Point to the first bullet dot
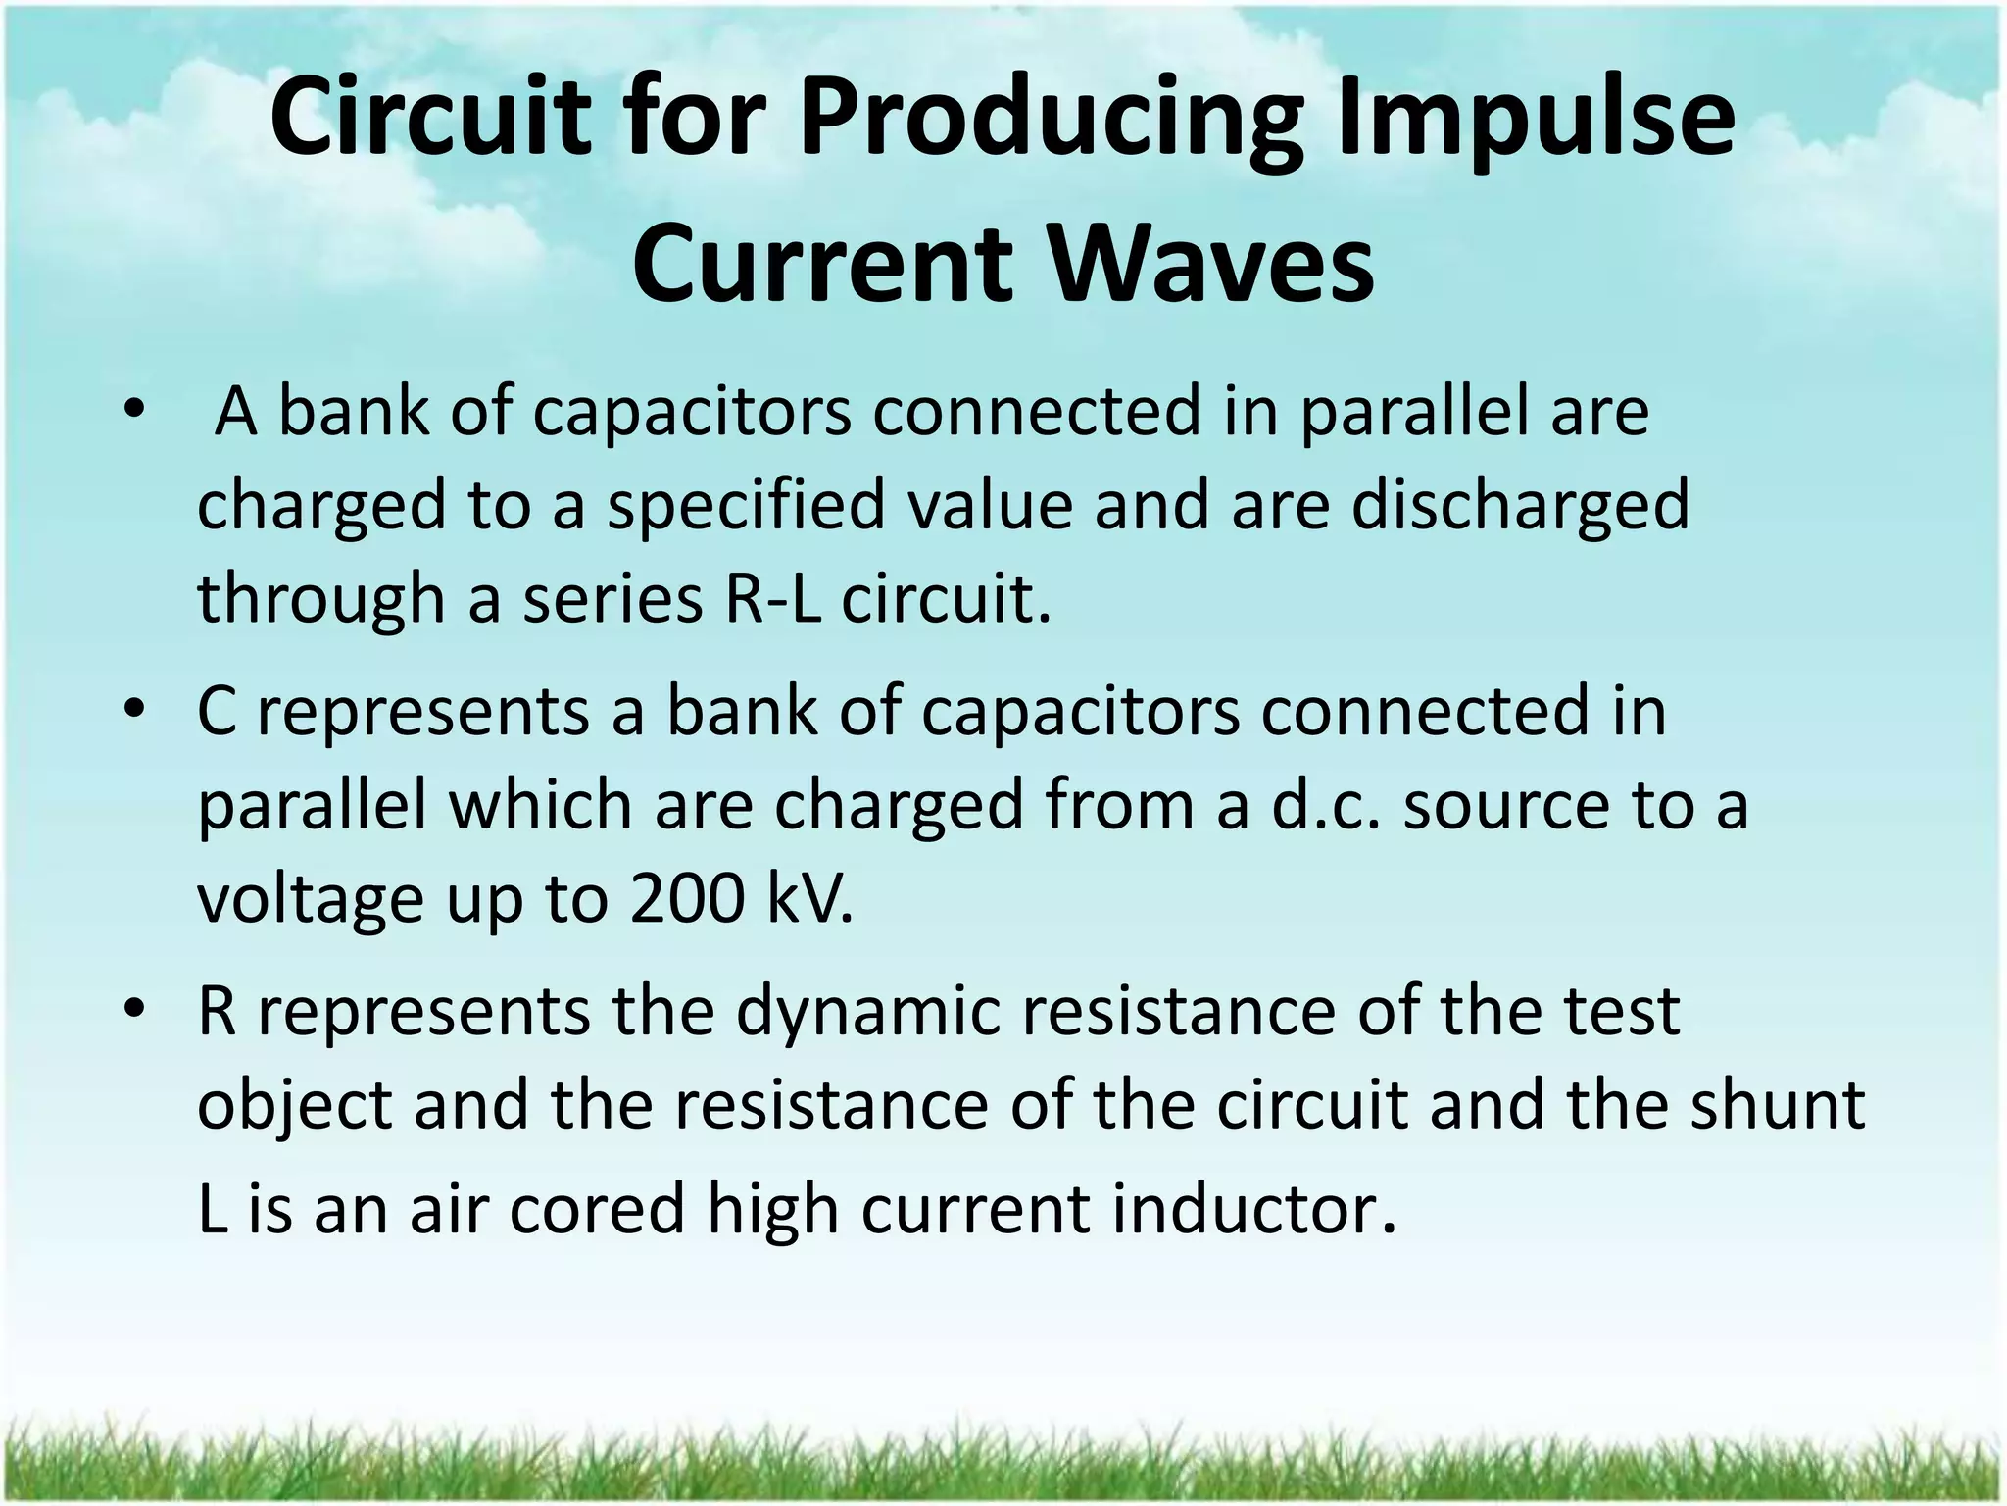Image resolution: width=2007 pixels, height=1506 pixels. pos(135,411)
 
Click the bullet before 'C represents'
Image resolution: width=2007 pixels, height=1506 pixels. pos(135,710)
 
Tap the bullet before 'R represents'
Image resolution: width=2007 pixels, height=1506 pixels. pos(135,1010)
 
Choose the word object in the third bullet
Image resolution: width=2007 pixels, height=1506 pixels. pos(294,1106)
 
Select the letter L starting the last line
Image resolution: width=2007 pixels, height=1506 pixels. pos(210,1208)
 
